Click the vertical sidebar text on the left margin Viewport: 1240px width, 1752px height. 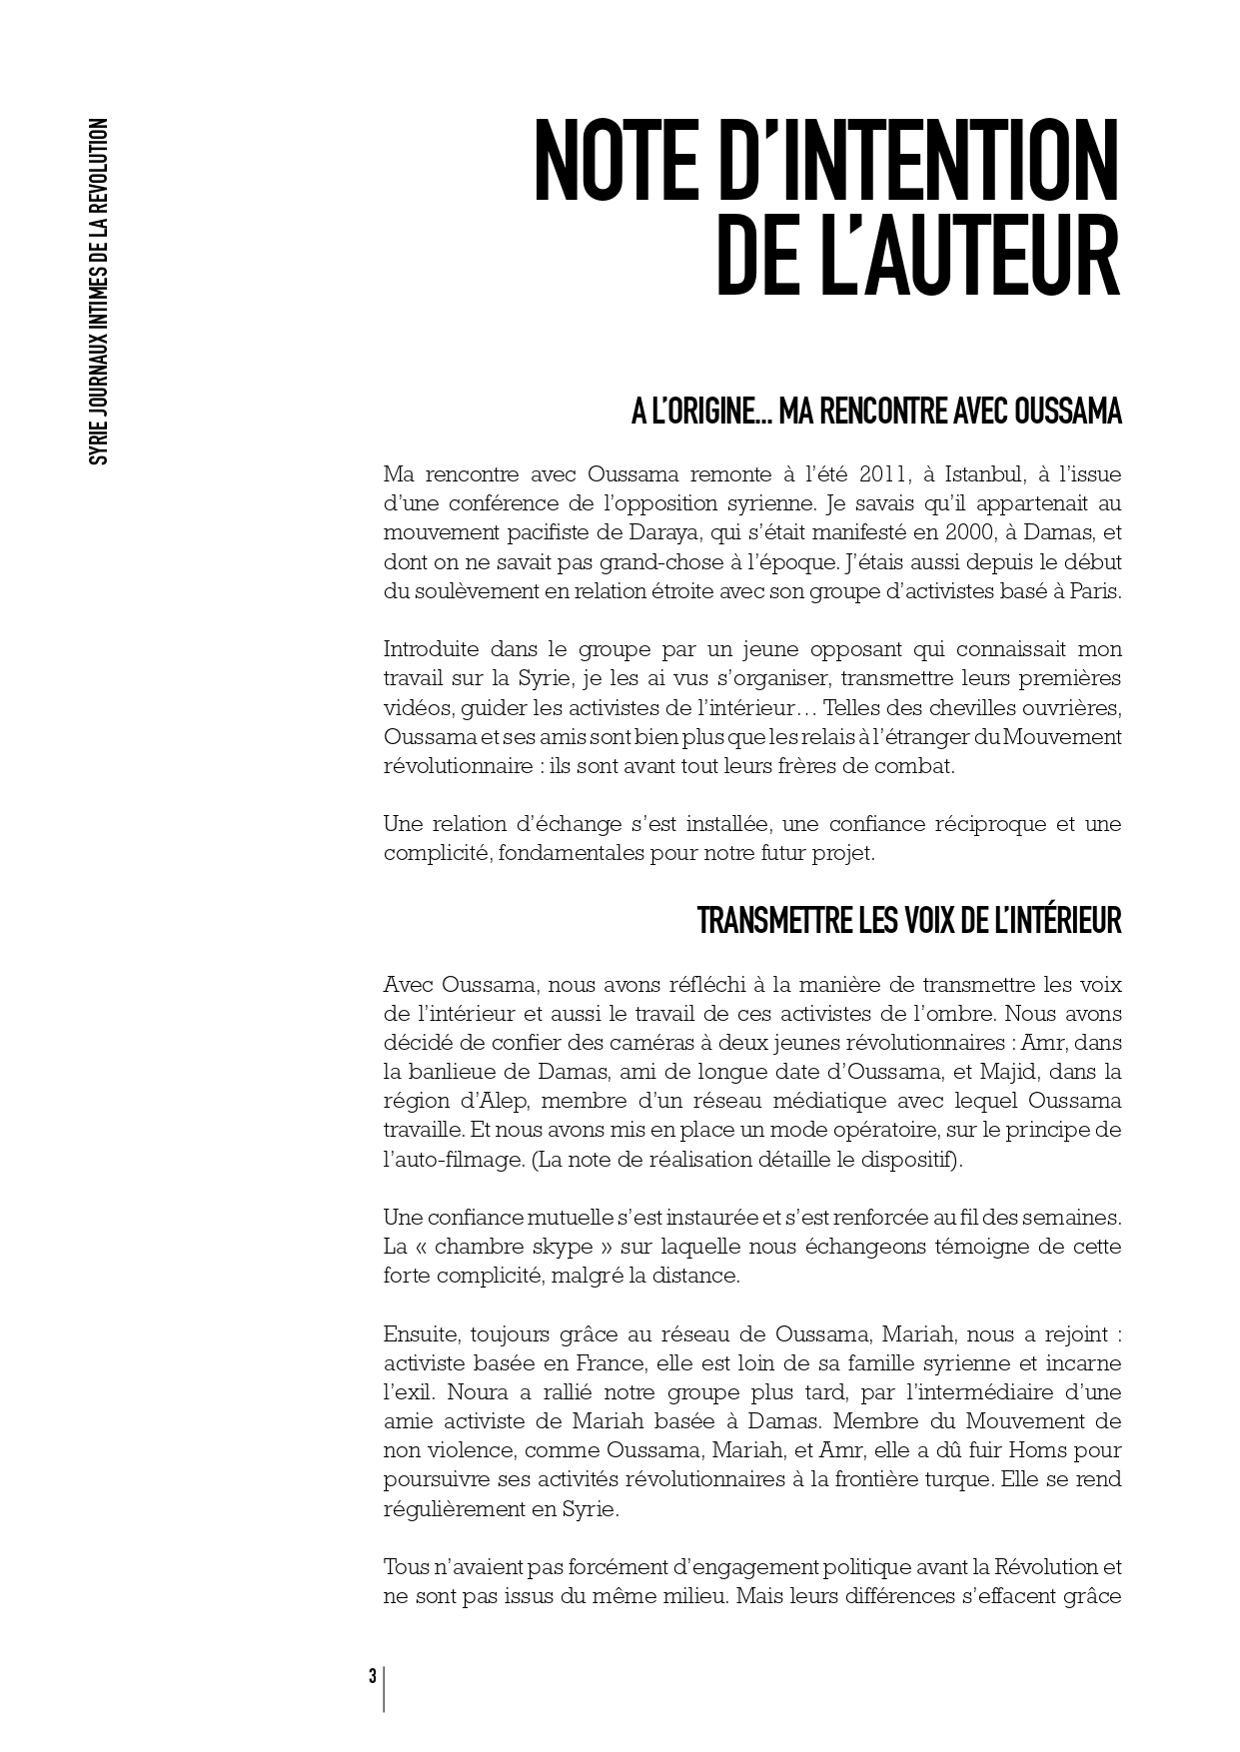pyautogui.click(x=98, y=292)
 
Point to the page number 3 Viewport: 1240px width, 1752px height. pyautogui.click(x=373, y=1675)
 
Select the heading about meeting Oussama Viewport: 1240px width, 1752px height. pyautogui.click(x=875, y=412)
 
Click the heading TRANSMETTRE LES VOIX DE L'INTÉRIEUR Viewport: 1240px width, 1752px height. pyautogui.click(x=908, y=921)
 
